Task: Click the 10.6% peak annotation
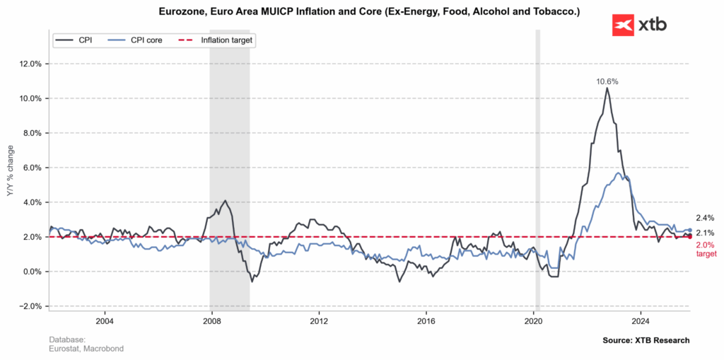607,81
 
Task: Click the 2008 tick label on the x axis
211,320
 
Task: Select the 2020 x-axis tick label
533,320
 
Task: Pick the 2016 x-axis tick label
426,320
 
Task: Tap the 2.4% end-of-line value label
705,219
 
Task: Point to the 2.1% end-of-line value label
705,233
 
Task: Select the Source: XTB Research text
646,341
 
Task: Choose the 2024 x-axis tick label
641,320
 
